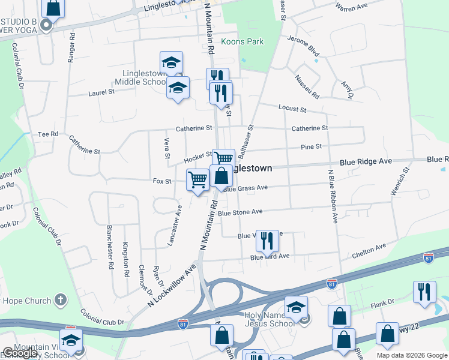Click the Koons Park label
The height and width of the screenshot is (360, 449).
[x=243, y=42]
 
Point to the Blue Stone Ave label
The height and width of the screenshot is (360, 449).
[x=240, y=212]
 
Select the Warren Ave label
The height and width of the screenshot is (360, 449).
[x=351, y=7]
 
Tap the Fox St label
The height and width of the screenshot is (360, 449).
[x=162, y=181]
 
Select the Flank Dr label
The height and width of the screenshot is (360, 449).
[x=382, y=302]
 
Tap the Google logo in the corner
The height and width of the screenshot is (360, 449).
[x=20, y=353]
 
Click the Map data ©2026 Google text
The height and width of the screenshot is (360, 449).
[x=411, y=355]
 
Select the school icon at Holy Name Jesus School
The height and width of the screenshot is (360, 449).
[x=296, y=308]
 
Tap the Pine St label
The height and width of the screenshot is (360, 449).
[x=311, y=146]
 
